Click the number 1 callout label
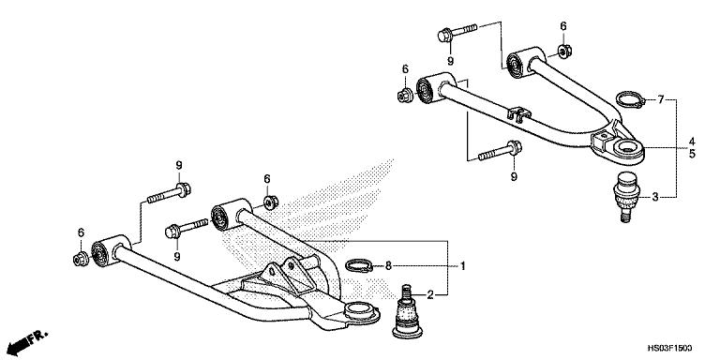(x=462, y=266)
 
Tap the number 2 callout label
(x=429, y=295)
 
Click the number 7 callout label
(x=660, y=99)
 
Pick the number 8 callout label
(x=388, y=266)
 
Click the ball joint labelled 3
(x=620, y=194)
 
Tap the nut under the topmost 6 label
(x=563, y=49)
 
